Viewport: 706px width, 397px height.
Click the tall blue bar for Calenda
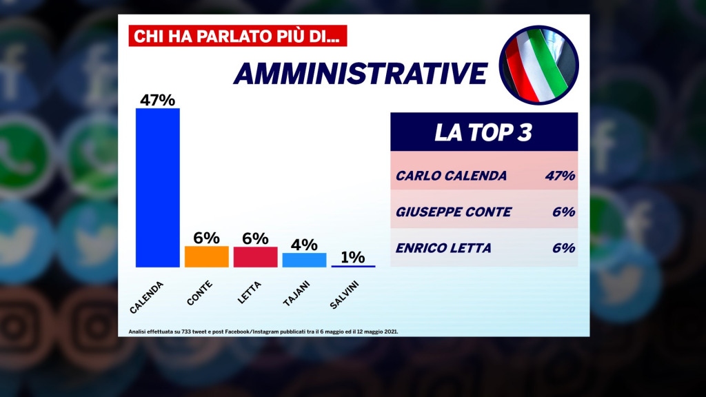click(157, 187)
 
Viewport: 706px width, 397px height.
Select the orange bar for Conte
click(206, 256)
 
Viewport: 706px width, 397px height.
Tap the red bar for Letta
click(255, 256)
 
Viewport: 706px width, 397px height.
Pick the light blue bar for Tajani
click(304, 260)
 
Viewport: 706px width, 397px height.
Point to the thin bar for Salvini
click(353, 266)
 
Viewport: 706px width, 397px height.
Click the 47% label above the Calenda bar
click(157, 100)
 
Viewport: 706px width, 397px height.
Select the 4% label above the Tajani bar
click(304, 245)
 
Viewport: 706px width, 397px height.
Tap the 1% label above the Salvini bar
click(353, 257)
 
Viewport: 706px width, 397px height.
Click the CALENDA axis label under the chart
click(145, 297)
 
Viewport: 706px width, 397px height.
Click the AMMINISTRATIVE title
click(361, 74)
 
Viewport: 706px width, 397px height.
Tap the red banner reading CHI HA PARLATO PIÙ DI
click(237, 37)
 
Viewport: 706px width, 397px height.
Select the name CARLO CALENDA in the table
click(451, 176)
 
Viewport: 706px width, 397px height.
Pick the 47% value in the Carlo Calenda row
click(559, 176)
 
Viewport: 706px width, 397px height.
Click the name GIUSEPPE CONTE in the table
click(453, 212)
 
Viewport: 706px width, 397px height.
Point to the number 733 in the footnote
click(187, 332)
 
